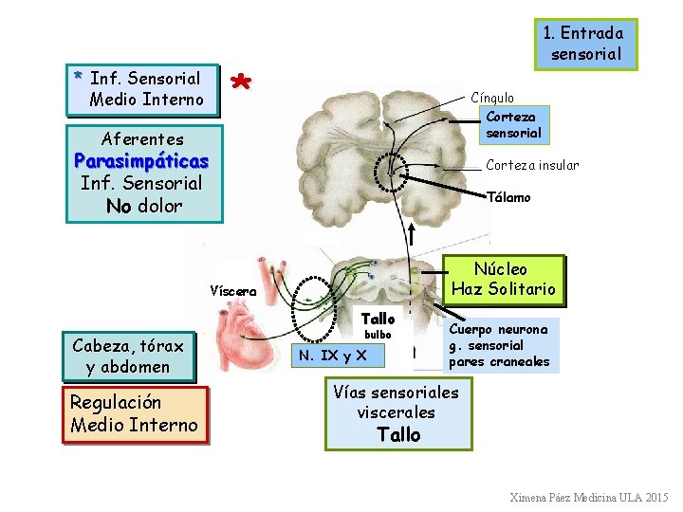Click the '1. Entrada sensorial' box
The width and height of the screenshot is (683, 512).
pyautogui.click(x=584, y=44)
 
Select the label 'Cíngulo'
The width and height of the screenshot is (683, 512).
pyautogui.click(x=492, y=98)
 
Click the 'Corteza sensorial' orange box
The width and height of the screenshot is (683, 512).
pyautogui.click(x=513, y=124)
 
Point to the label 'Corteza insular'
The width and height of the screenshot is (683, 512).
pyautogui.click(x=532, y=165)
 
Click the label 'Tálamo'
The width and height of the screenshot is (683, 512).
pyautogui.click(x=508, y=197)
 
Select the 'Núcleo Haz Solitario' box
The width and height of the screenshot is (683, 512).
pyautogui.click(x=503, y=279)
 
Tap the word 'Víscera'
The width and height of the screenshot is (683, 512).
pyautogui.click(x=232, y=291)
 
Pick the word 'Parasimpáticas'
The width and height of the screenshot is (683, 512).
pyautogui.click(x=141, y=160)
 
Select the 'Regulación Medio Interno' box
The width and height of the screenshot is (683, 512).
pyautogui.click(x=134, y=414)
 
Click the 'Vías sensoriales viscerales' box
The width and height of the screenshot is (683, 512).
pyautogui.click(x=397, y=413)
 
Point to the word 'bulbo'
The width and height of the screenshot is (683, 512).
pyautogui.click(x=377, y=335)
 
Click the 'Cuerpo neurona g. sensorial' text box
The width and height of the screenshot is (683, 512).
pyautogui.click(x=499, y=346)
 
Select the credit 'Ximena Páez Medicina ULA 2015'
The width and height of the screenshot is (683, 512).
pyautogui.click(x=588, y=498)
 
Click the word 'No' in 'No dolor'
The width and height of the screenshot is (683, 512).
pyautogui.click(x=119, y=206)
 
